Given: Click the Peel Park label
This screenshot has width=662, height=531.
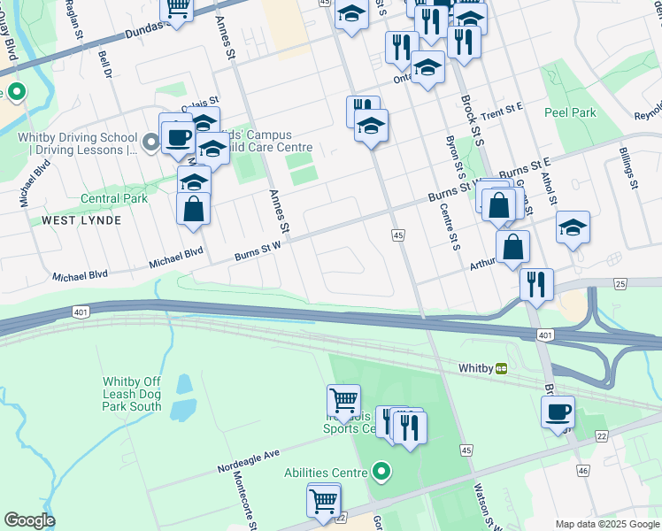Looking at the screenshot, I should tap(570, 112).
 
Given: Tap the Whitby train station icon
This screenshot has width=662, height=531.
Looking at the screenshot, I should tap(501, 368).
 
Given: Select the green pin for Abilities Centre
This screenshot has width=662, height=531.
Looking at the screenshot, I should tap(381, 472).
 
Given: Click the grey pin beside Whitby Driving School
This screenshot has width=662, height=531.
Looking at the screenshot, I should tap(151, 139).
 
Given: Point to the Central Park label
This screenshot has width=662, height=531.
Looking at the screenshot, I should tap(113, 199).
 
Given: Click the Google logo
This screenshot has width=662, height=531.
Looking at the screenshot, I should tap(28, 520).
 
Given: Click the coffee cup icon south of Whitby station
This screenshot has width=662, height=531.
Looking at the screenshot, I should tap(558, 412).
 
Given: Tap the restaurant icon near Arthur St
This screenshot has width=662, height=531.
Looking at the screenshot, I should tap(536, 284).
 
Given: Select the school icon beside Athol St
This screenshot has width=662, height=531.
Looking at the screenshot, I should tap(573, 227).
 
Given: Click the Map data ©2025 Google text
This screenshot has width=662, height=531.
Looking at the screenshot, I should tap(606, 524).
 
